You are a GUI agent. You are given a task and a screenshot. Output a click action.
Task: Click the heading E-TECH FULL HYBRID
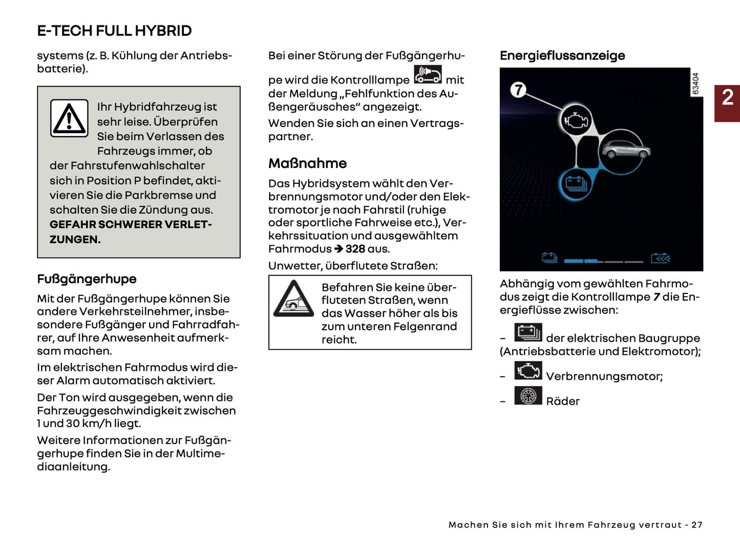pos(114,31)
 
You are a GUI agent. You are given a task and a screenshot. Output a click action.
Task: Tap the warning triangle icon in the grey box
pos(69,118)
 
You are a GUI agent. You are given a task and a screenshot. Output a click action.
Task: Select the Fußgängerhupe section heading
pos(87,279)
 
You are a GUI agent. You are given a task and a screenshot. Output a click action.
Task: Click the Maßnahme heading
pos(307,163)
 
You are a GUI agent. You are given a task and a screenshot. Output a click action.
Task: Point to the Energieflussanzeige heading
pos(562,55)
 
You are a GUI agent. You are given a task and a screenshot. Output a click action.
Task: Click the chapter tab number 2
pos(727,98)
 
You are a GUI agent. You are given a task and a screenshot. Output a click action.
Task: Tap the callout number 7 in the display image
pos(518,90)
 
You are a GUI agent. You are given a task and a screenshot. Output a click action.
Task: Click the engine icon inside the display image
pos(577,121)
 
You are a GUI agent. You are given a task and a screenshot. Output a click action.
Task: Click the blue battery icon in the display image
pos(576,183)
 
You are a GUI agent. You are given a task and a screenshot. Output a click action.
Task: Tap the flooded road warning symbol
pos(293,300)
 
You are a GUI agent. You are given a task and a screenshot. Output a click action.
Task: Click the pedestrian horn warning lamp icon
pos(428,75)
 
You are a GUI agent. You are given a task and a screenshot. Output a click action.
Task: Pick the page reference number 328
pos(355,249)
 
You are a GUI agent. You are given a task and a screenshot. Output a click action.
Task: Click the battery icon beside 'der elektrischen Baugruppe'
pos(528,333)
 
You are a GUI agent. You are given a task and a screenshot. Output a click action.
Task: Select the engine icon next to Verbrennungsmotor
pos(528,370)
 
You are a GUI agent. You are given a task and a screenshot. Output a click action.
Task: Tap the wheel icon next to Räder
pos(528,396)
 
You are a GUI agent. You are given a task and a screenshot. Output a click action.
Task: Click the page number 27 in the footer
pos(696,525)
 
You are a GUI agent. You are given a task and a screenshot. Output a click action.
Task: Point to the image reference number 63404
pos(695,84)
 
